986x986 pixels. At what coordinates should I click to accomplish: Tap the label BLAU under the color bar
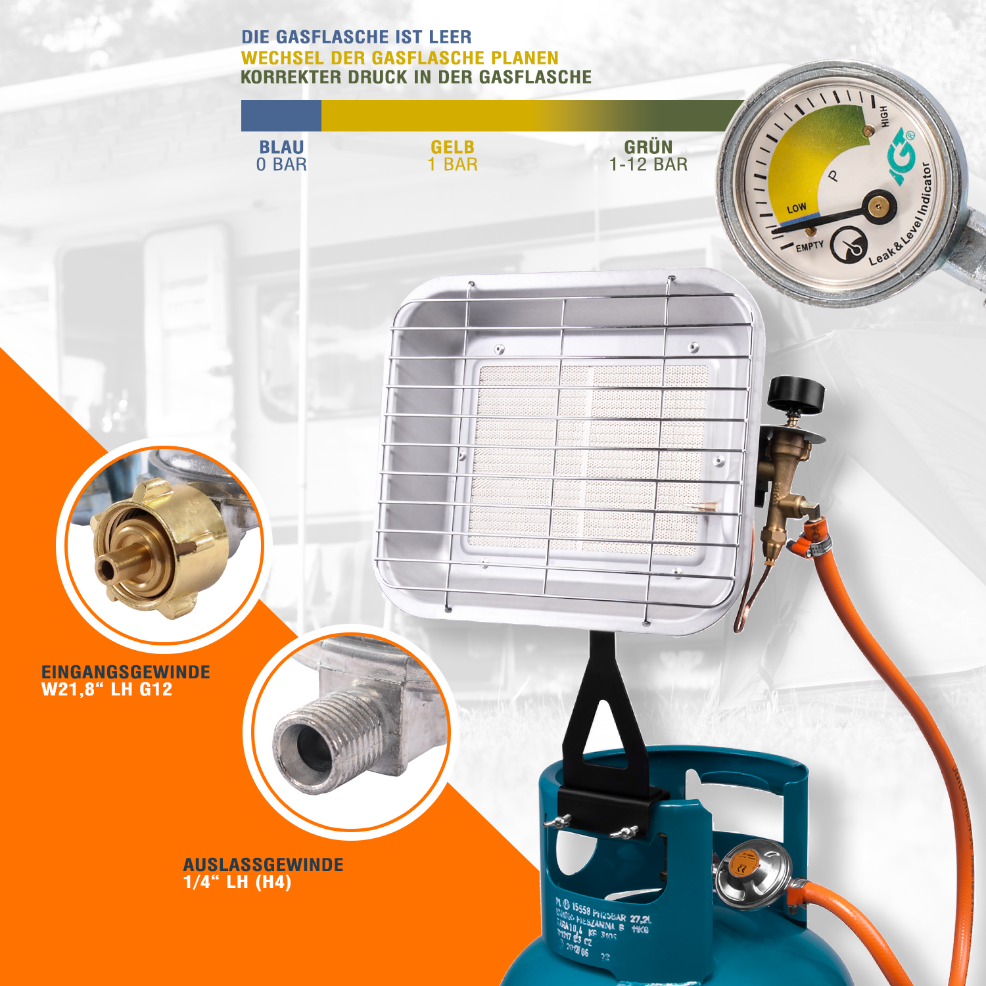[281, 147]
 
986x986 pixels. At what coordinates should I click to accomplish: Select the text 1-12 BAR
[648, 164]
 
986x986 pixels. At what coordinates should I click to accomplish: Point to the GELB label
[452, 147]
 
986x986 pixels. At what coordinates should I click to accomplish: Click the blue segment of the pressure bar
[281, 116]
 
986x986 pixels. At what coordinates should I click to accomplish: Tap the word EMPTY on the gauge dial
[809, 246]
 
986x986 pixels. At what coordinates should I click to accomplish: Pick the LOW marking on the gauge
[796, 208]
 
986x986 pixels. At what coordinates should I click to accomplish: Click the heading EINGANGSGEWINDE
[126, 672]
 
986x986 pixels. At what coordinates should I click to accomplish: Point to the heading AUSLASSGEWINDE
[263, 864]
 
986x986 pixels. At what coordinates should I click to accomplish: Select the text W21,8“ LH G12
[106, 690]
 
